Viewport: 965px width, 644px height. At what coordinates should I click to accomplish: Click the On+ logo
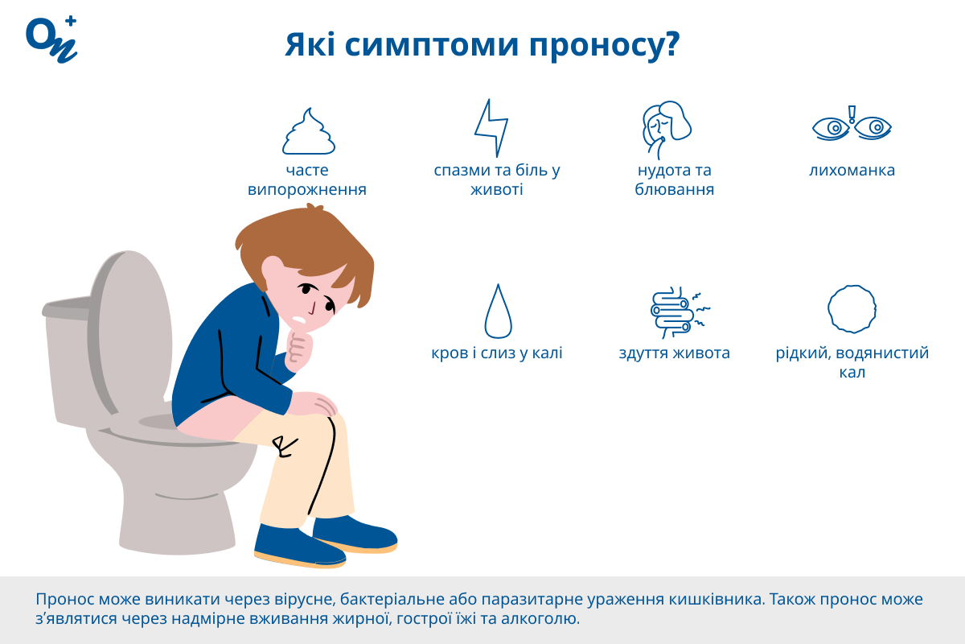pos(51,39)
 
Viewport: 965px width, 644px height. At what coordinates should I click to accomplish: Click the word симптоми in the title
pos(432,45)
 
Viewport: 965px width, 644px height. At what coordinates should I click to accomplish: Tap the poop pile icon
pos(309,131)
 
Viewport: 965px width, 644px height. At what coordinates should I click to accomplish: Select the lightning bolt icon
pos(491,128)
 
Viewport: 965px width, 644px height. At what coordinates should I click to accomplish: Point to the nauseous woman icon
pos(667,130)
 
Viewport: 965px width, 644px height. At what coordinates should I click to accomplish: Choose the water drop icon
pos(499,311)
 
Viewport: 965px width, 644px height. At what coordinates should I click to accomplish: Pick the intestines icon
pos(680,312)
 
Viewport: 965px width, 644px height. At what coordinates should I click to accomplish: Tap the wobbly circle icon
pos(852,309)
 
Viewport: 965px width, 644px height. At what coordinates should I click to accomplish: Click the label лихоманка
pos(852,171)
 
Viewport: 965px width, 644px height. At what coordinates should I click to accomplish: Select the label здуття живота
pos(674,353)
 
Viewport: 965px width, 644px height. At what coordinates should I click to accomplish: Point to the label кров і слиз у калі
pos(497,353)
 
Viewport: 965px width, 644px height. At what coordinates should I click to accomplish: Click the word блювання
pos(674,189)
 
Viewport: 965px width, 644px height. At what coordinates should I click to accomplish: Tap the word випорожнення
pos(306,190)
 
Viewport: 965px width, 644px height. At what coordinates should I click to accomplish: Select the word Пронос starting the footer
pos(64,600)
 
